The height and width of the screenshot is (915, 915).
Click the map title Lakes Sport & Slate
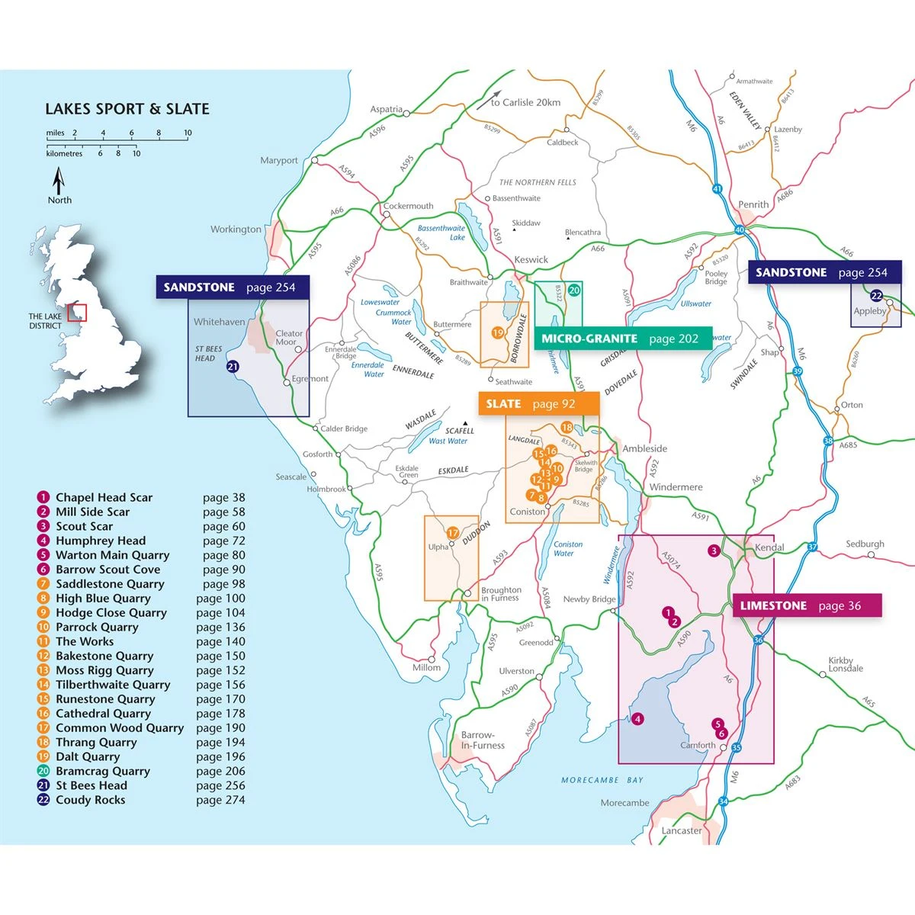click(x=127, y=109)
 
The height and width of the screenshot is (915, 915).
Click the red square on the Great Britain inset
click(x=77, y=313)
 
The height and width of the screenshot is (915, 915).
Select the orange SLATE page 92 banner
click(x=528, y=404)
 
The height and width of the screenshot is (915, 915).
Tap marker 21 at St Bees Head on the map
click(x=233, y=367)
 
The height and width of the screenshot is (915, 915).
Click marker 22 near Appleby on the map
click(x=876, y=296)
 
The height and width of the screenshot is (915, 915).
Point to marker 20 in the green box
click(x=574, y=290)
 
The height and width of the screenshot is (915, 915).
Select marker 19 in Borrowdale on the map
click(x=497, y=332)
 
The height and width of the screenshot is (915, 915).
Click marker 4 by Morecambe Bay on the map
click(x=637, y=718)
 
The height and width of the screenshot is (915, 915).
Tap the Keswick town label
click(x=531, y=259)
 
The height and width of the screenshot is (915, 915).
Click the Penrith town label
click(x=753, y=204)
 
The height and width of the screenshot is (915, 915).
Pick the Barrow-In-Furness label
click(x=482, y=740)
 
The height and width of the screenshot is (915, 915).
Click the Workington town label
click(x=236, y=229)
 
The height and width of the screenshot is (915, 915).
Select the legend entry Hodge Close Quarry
click(x=111, y=612)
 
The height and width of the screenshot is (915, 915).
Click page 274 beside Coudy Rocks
click(x=220, y=800)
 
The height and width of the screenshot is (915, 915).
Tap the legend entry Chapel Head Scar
click(x=104, y=497)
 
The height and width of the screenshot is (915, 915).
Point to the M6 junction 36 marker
click(x=758, y=640)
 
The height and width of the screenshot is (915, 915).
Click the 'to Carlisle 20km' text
click(x=525, y=102)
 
